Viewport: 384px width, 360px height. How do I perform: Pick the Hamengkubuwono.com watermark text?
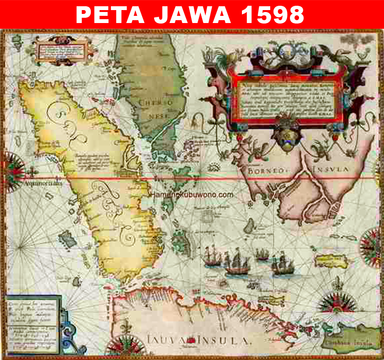pos(192,195)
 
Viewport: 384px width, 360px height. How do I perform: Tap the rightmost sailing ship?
pos(281,265)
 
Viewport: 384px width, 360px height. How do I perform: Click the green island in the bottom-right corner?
pos(351,338)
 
